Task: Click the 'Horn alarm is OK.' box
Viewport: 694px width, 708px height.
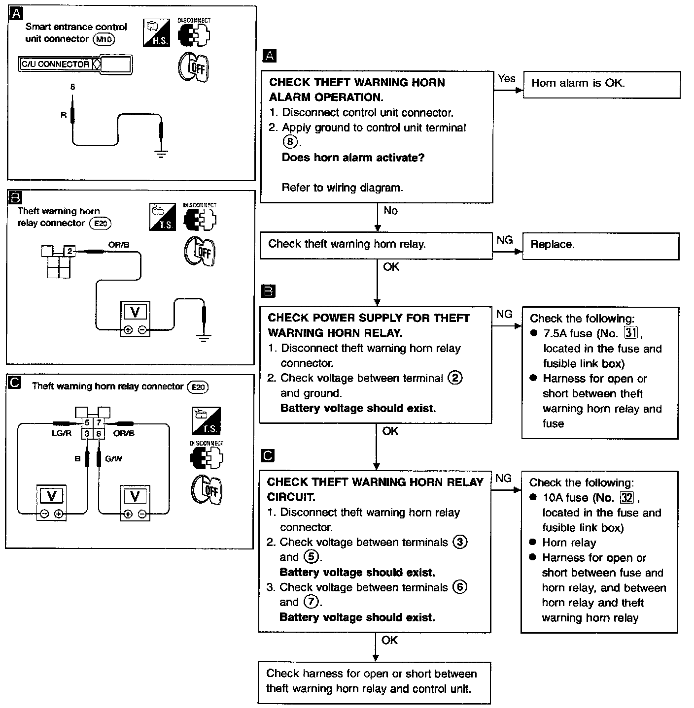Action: pos(601,84)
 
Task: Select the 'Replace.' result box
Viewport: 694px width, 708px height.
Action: pos(600,245)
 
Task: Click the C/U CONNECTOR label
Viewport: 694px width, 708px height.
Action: pos(56,64)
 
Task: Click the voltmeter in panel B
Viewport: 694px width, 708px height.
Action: pos(135,319)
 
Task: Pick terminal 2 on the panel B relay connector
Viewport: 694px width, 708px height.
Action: pos(70,252)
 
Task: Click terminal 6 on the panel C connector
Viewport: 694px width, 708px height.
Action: pos(99,434)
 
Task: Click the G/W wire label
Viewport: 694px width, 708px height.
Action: pos(113,459)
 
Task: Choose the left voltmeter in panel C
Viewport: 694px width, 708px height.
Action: pos(51,502)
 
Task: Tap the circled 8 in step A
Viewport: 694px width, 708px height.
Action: pos(290,142)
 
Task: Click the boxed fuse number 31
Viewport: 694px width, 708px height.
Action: pos(631,333)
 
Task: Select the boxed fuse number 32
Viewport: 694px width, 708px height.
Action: pos(626,497)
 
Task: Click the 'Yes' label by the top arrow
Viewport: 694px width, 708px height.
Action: pos(506,79)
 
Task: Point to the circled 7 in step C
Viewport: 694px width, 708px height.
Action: pos(311,602)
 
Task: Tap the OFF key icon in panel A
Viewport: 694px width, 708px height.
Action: pos(193,67)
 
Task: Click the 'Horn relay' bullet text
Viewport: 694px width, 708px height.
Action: pos(569,543)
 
